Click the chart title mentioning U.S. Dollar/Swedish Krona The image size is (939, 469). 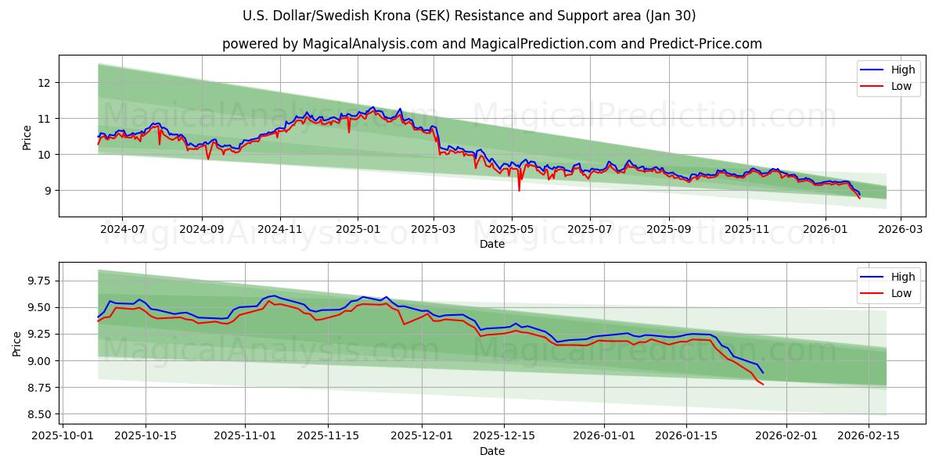469,16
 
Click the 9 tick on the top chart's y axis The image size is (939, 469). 49,190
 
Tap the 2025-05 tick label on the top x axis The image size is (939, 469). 512,230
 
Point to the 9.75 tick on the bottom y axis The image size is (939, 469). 38,281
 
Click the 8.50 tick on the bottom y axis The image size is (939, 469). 38,414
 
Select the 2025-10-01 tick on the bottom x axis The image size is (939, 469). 64,437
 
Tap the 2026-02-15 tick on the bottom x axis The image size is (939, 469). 869,437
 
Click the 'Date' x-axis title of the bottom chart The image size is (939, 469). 491,451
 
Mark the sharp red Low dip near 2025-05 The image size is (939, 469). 519,190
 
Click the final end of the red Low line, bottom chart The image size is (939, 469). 763,384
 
